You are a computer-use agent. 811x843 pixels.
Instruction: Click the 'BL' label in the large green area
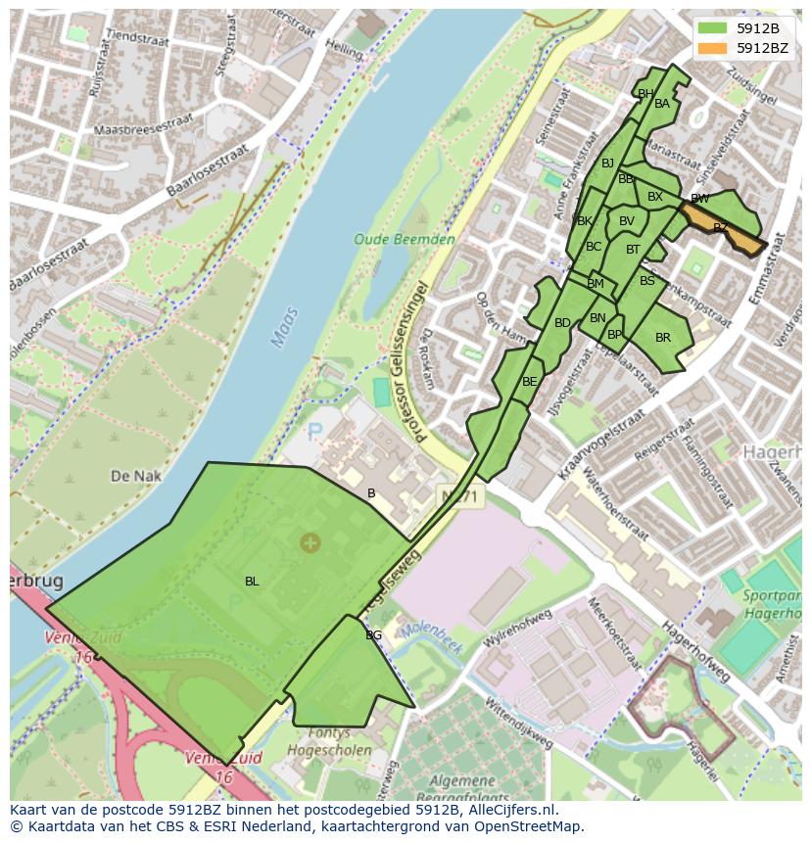point(252,582)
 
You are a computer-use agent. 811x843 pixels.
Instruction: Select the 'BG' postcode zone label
point(373,635)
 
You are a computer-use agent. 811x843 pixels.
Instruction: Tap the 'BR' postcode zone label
point(663,338)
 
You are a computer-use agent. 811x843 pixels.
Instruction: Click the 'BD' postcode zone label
point(562,323)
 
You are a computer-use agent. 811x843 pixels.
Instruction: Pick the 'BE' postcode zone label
point(530,382)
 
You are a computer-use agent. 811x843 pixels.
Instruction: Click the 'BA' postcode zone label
point(662,104)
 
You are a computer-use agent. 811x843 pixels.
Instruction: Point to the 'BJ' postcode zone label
point(607,164)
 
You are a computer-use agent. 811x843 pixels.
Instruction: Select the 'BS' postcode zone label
point(646,281)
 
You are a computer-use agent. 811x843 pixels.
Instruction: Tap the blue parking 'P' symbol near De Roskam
point(315,431)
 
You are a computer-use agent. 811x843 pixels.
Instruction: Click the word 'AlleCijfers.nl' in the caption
point(510,810)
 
